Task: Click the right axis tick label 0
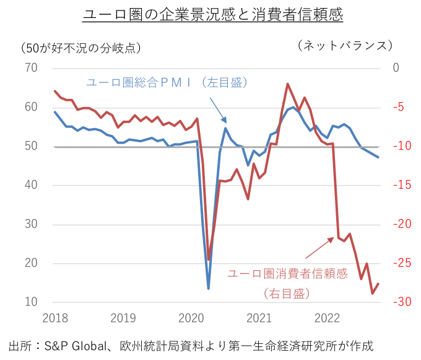pos(396,68)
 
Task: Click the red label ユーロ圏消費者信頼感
pos(287,273)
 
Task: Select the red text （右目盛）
pos(287,293)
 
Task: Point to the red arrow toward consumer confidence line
pos(319,247)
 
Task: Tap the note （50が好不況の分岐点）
pos(81,48)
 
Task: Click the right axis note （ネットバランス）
pos(345,46)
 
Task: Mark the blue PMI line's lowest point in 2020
pos(209,288)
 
